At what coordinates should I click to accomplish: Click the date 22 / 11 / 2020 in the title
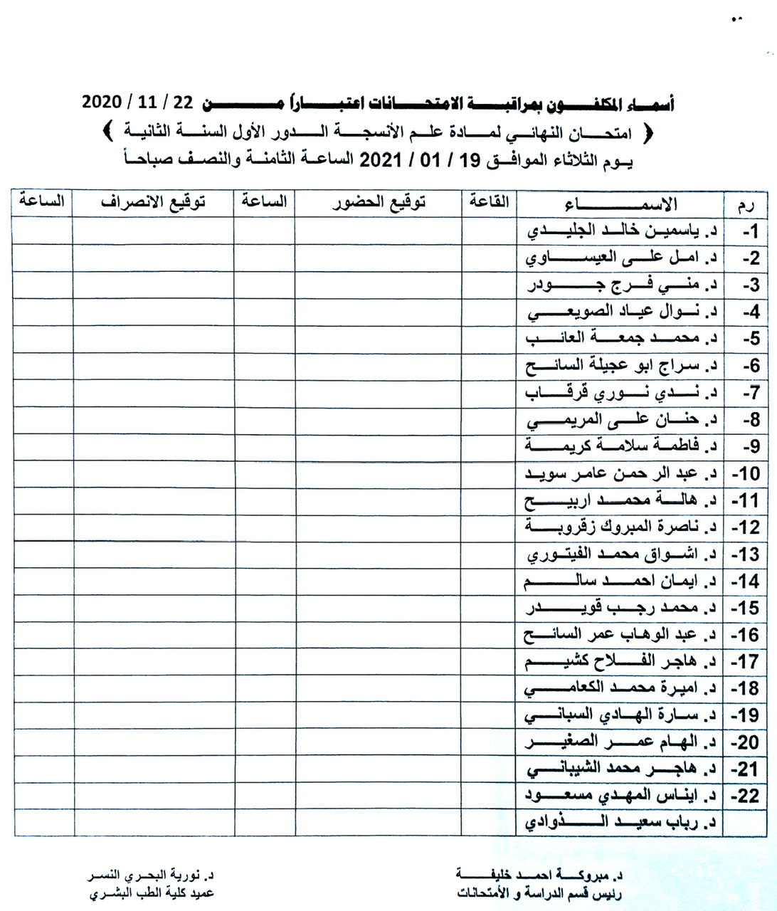pos(138,102)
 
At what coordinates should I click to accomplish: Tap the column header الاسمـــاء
pos(620,205)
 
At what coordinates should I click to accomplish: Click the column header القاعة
pos(489,202)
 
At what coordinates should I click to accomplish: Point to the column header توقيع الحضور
pos(378,203)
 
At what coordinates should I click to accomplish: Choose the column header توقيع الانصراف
pos(153,203)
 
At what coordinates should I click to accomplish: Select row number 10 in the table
pos(748,474)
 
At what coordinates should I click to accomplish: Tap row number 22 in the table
pos(748,796)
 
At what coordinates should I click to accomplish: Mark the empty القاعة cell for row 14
pos(489,581)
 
